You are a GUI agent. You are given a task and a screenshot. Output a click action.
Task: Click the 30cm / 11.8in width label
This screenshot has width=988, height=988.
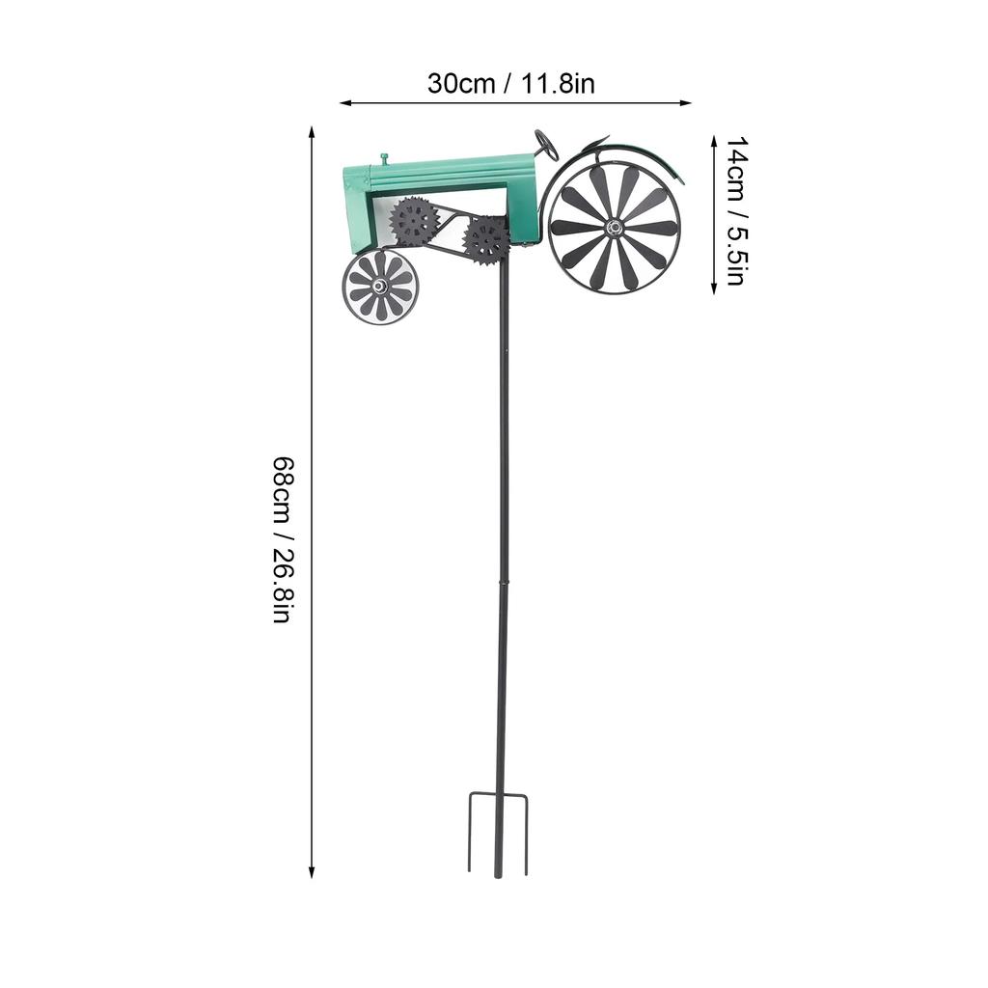point(510,84)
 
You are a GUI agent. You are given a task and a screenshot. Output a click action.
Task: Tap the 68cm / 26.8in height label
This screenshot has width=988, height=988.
point(281,539)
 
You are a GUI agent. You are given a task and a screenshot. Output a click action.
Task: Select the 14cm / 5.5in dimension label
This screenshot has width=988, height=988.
point(735,212)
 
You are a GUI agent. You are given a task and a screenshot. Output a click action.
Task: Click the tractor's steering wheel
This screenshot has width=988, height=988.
point(546,145)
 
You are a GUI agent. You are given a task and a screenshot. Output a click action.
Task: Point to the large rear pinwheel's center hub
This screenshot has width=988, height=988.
point(614,228)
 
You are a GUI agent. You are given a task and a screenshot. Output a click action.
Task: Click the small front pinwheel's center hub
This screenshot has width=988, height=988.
point(380,287)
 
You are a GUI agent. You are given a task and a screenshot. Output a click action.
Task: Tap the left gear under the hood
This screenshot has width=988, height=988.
point(414,221)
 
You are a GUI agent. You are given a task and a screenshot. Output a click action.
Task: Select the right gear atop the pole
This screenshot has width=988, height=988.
point(485,238)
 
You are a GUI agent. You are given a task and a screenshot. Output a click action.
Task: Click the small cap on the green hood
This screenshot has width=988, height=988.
point(383,157)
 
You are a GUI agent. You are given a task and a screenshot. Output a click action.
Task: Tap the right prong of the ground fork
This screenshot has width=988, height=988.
point(526,834)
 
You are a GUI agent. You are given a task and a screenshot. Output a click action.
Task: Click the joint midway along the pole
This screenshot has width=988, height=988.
point(501,582)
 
